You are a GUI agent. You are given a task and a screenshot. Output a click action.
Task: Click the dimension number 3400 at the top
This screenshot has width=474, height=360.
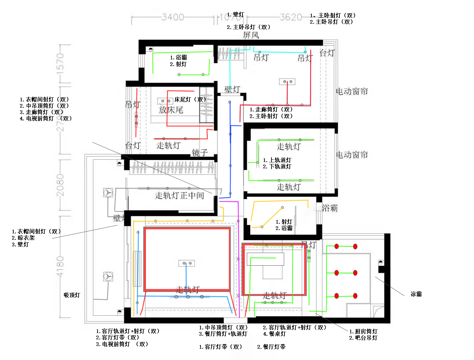pos(173,17)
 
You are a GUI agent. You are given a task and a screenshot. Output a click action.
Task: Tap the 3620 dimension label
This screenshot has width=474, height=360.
pos(291,17)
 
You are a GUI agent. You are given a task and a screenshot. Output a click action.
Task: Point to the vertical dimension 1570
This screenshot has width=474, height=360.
pos(60,63)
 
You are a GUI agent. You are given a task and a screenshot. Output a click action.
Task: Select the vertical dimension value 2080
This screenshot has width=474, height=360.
pos(60,185)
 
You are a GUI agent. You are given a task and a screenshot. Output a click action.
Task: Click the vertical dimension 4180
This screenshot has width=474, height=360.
pos(60,267)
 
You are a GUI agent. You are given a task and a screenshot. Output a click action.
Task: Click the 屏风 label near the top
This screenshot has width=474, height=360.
pos(251,35)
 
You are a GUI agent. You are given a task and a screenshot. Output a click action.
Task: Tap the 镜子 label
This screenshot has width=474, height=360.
pos(200,153)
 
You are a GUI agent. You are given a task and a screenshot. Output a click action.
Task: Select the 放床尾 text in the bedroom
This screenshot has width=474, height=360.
pos(171,110)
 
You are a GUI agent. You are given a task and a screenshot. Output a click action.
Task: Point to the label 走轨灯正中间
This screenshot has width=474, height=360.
pos(180,195)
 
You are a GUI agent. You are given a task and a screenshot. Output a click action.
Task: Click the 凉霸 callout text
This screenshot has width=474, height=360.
pos(416,294)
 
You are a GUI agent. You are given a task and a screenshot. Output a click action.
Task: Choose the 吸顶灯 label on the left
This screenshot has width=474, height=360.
pos(72,295)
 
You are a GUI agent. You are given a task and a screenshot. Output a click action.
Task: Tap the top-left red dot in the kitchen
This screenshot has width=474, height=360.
pos(336,246)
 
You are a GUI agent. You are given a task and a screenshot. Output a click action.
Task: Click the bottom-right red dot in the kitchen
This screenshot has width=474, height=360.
pos(355,296)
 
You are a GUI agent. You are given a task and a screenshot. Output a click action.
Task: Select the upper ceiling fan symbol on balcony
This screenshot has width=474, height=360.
pos(108,193)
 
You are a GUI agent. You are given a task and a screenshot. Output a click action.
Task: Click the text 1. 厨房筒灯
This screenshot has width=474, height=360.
pos(363,331)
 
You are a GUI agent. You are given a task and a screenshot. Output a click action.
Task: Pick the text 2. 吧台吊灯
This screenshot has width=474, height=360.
pos(363,338)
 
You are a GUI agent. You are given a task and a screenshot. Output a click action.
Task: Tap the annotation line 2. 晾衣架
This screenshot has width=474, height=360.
pos(23,238)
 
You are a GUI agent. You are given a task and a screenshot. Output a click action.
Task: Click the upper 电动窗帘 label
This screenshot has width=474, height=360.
pos(352,91)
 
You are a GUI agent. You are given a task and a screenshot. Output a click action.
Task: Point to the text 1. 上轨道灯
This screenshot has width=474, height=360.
pos(277,160)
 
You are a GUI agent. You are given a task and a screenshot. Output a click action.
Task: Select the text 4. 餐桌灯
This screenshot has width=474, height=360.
pos(274,334)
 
